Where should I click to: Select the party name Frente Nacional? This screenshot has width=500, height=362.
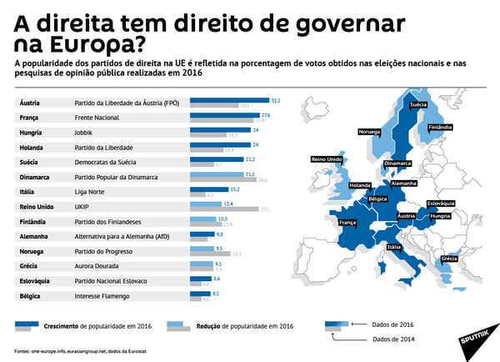coord(97,118)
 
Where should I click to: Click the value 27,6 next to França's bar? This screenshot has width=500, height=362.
coord(267,115)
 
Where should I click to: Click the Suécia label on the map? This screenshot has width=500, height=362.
coord(419,104)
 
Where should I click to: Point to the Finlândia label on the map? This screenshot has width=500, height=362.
coord(440,128)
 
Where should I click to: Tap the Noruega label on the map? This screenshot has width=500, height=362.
coord(369,132)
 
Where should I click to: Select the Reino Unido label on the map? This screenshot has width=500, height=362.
coord(326,158)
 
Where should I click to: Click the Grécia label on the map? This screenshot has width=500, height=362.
coord(449,259)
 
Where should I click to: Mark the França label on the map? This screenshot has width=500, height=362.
coord(347,223)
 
